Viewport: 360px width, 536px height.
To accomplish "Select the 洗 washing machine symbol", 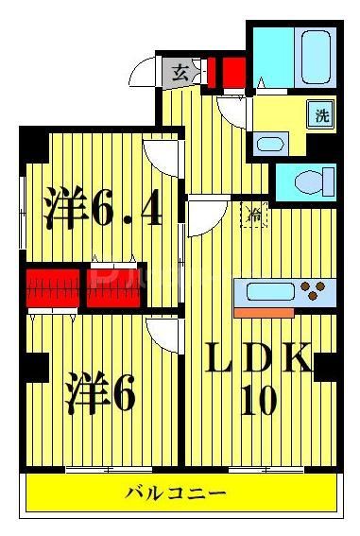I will click(322, 116).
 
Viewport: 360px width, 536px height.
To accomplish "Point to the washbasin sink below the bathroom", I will click(270, 146).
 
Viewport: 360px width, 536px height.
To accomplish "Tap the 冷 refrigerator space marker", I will click(253, 215).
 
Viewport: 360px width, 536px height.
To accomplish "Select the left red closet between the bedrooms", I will click(53, 287).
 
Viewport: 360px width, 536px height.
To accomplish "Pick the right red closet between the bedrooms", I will click(116, 287).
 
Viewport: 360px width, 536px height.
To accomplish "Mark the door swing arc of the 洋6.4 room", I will click(160, 155).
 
